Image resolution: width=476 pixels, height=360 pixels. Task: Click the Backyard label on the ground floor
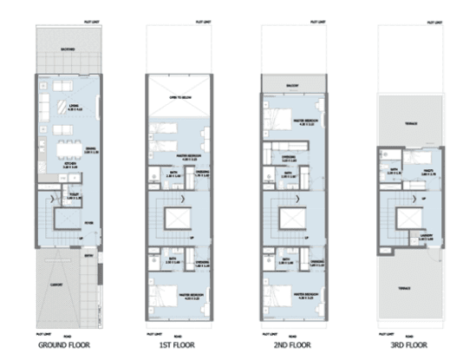(x=68, y=49)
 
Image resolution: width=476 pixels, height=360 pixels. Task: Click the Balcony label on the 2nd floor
(x=294, y=85)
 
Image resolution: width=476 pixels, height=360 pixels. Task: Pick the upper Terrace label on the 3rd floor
(x=409, y=123)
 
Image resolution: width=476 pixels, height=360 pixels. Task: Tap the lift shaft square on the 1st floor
(x=179, y=217)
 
